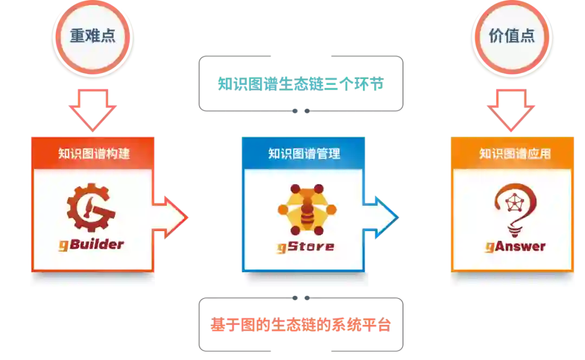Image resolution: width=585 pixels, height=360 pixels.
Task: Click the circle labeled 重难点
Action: (93, 36)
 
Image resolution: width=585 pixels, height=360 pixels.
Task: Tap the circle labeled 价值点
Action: (511, 36)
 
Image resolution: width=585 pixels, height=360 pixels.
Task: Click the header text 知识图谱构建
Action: (94, 153)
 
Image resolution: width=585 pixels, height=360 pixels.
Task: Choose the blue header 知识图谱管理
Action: (304, 153)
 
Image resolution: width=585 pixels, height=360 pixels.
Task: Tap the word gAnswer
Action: (515, 246)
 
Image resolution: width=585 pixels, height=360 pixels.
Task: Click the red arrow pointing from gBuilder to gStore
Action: (171, 218)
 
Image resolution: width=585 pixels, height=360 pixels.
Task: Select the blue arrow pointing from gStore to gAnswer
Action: (381, 218)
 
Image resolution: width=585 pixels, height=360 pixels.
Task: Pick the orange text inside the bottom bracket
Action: (301, 325)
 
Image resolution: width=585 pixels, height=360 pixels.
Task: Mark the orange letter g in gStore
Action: (282, 248)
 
